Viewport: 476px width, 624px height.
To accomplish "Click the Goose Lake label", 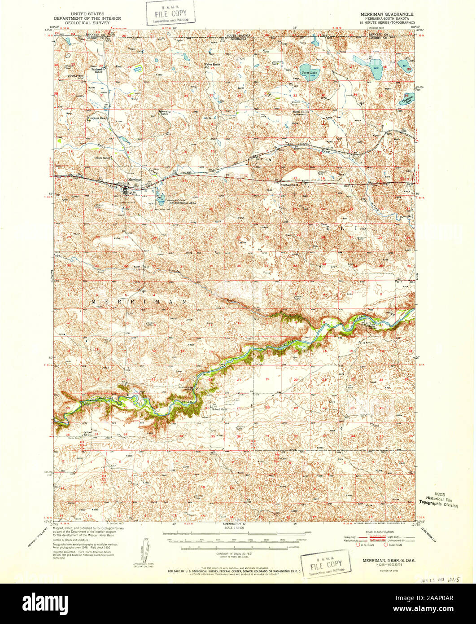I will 306,72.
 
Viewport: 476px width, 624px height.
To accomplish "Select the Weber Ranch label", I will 212,65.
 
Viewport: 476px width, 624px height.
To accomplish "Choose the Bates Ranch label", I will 103,158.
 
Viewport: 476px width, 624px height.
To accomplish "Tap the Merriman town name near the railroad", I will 135,179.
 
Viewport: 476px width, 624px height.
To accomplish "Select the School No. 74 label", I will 87,433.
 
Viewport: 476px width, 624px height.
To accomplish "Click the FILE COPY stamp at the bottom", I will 326,564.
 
